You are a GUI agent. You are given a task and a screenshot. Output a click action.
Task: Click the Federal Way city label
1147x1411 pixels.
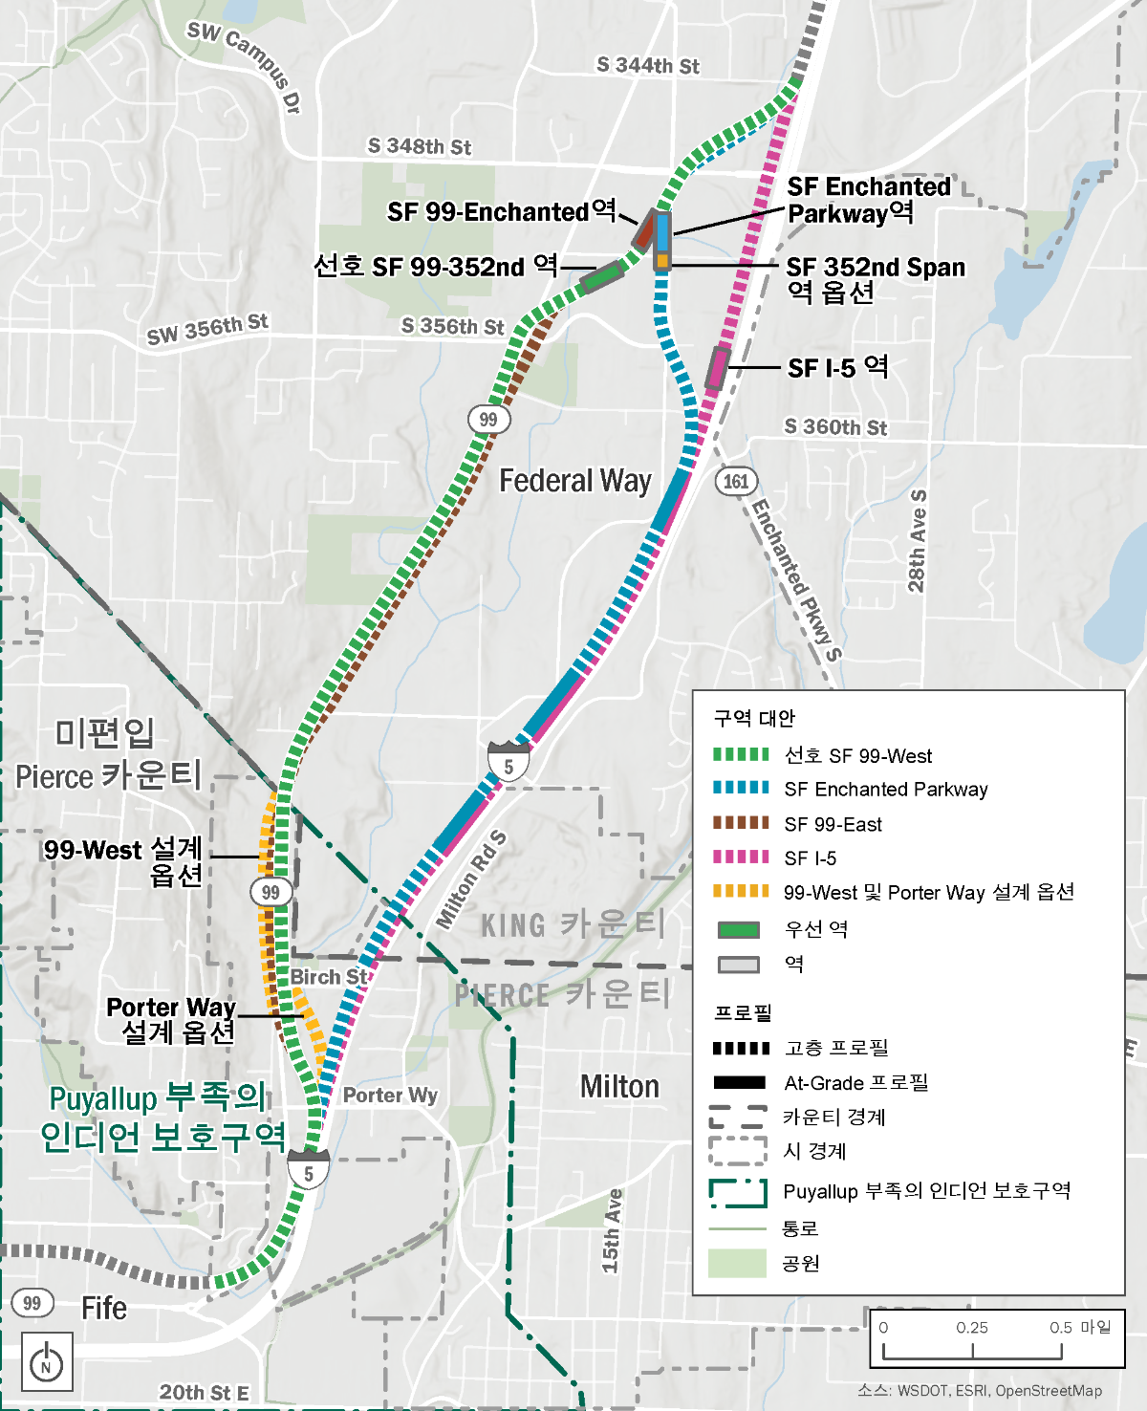point(575,480)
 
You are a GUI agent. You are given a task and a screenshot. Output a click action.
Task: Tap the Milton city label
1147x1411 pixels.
point(619,1087)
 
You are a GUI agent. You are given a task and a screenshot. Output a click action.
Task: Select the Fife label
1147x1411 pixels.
point(104,1308)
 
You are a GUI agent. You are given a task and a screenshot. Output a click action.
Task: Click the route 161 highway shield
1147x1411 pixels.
point(736,481)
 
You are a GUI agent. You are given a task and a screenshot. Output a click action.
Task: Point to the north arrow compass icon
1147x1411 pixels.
point(46,1362)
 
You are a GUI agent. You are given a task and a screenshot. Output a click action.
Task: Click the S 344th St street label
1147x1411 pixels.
point(647,65)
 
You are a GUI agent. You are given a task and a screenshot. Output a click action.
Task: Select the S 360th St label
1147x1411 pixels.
point(835,426)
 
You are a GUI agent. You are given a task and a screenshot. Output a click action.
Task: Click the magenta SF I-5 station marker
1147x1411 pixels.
point(717,368)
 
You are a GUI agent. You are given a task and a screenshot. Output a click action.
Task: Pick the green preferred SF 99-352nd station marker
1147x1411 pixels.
point(602,276)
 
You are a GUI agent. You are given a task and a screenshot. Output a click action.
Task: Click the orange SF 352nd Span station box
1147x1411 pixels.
point(661,260)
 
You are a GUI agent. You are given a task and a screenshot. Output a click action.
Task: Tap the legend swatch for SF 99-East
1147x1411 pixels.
point(741,823)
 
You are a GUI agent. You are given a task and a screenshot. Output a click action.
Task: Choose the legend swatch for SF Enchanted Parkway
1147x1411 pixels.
point(741,789)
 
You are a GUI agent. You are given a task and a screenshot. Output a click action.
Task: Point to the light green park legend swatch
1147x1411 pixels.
point(737,1263)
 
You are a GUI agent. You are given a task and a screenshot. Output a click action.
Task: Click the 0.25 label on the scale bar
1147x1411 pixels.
point(972,1328)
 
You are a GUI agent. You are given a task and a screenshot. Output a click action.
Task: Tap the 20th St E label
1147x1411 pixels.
point(204,1393)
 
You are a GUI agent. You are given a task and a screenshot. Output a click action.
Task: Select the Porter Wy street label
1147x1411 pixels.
point(390,1095)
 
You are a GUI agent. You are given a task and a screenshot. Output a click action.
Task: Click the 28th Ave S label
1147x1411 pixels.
point(917,541)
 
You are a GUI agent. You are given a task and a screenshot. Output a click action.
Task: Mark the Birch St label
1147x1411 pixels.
point(329,977)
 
